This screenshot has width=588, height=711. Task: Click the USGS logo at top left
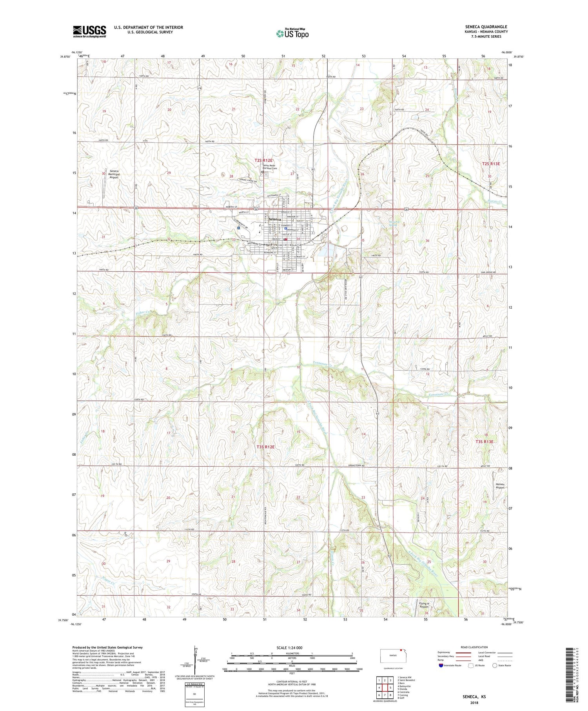pyautogui.click(x=89, y=31)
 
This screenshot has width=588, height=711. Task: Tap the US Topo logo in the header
pyautogui.click(x=292, y=34)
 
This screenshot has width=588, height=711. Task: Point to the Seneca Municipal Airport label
pyautogui.click(x=114, y=174)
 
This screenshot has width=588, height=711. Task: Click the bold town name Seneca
pyautogui.click(x=275, y=219)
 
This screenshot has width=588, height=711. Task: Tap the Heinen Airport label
pyautogui.click(x=499, y=486)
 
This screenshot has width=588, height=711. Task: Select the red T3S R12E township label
pyautogui.click(x=265, y=447)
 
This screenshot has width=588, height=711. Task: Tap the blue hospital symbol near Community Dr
pyautogui.click(x=238, y=227)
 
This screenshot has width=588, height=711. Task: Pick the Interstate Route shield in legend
pyautogui.click(x=441, y=665)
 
